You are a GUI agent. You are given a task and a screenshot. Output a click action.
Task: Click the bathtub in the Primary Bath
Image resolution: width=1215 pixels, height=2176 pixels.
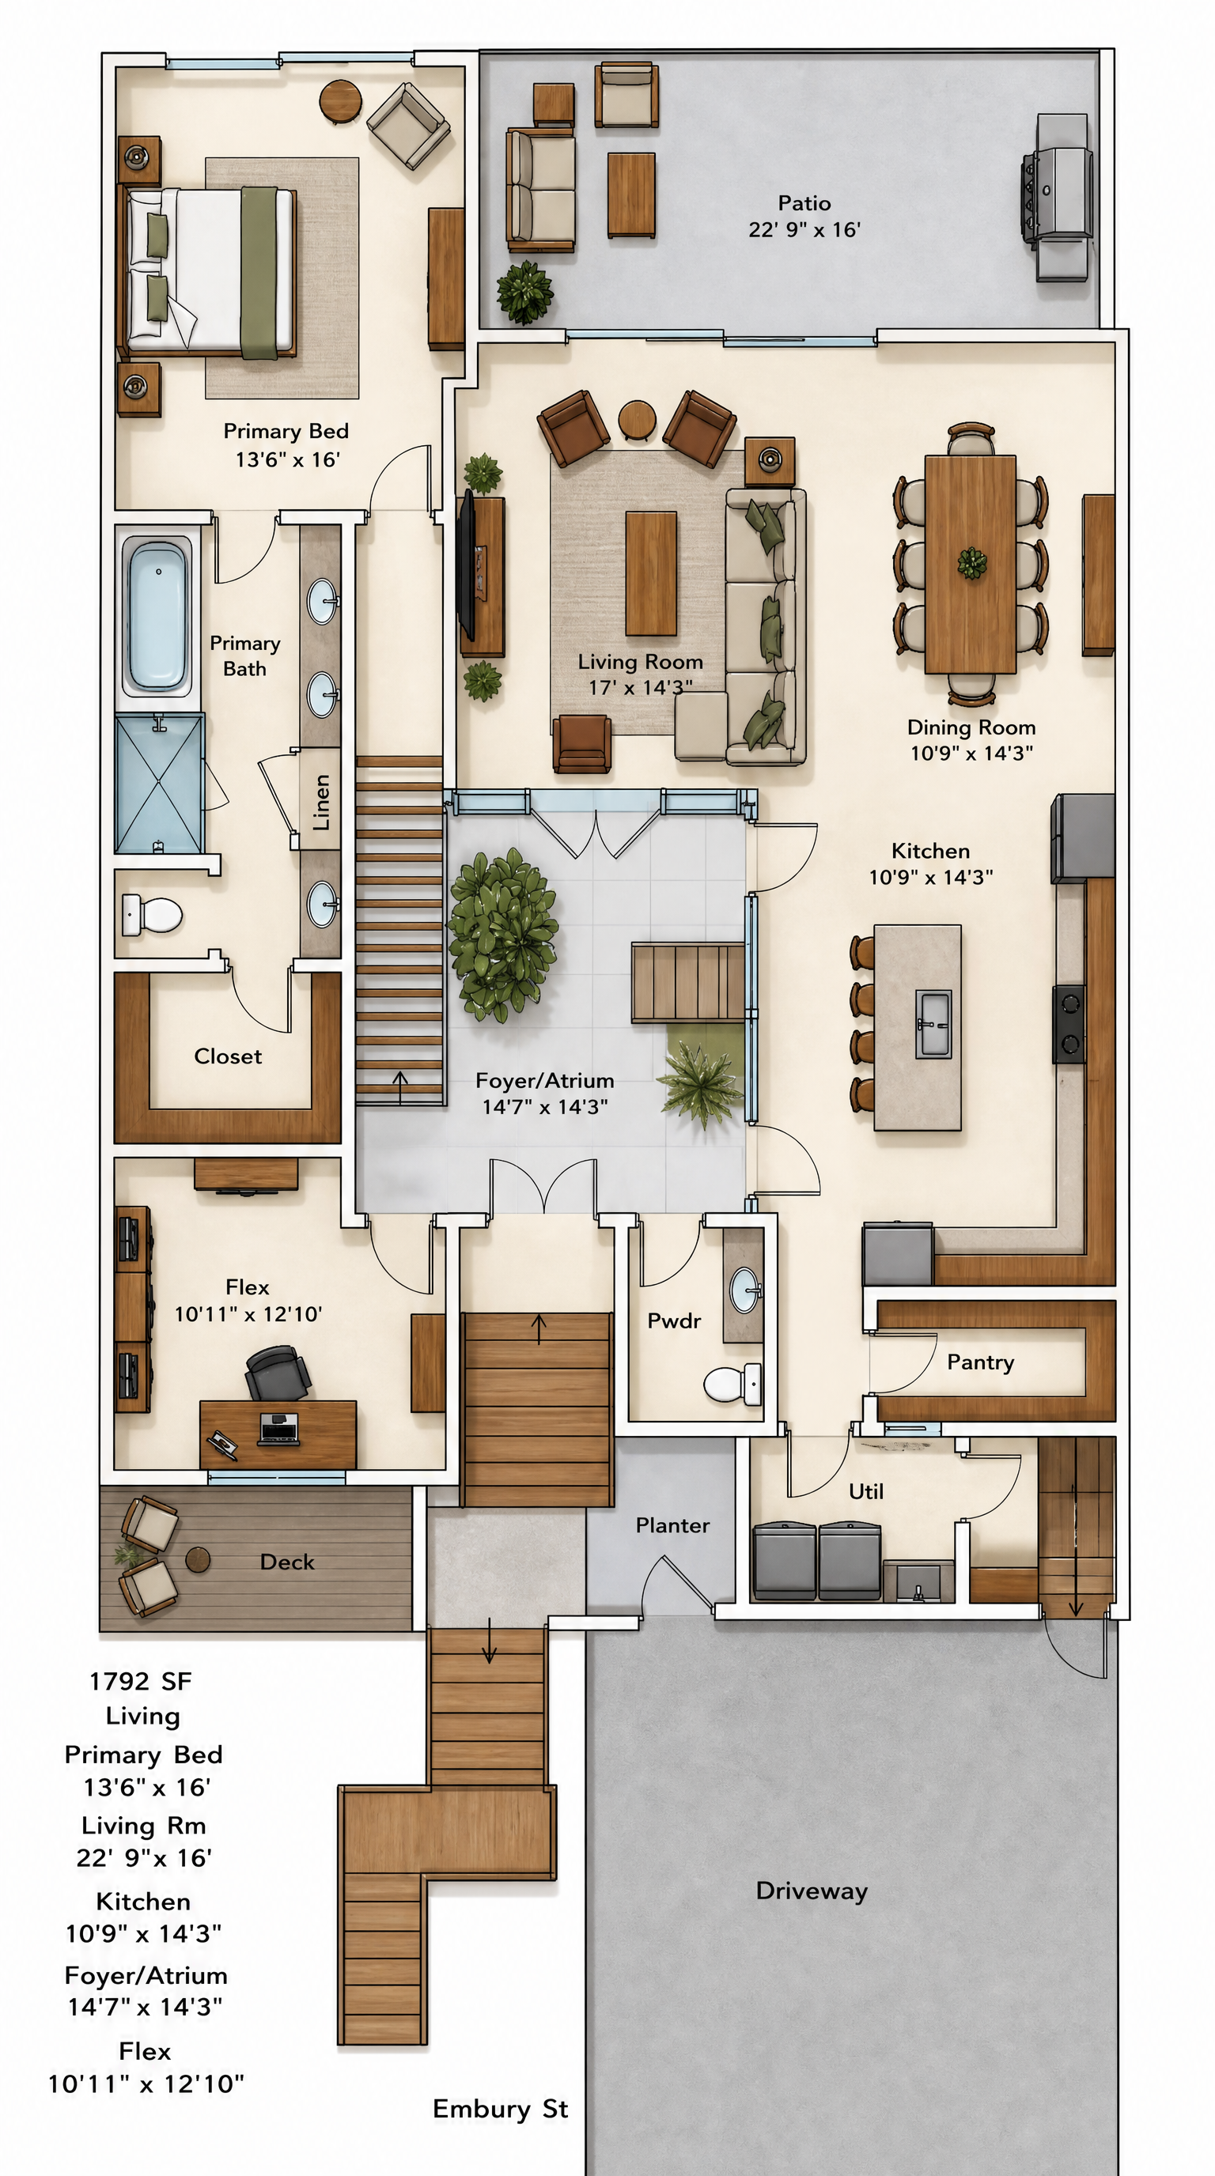(x=157, y=614)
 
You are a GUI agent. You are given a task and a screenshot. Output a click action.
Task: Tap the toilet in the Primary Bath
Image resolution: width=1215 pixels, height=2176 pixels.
(x=153, y=914)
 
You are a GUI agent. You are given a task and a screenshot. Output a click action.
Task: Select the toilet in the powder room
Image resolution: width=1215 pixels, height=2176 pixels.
(x=732, y=1383)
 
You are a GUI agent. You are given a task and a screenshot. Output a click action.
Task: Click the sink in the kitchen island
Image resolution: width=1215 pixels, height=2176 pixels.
(x=933, y=1024)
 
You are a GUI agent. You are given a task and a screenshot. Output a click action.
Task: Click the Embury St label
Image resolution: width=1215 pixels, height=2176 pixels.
(x=500, y=2109)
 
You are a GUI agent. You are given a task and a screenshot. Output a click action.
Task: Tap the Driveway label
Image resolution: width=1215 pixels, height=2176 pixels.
(x=812, y=1891)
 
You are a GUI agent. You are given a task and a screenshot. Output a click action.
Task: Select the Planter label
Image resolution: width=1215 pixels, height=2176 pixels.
(x=672, y=1524)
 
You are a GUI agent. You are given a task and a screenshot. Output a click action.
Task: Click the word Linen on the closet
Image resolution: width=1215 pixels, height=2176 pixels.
(x=321, y=802)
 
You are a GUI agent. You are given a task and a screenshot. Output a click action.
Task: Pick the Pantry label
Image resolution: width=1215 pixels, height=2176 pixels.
(x=980, y=1362)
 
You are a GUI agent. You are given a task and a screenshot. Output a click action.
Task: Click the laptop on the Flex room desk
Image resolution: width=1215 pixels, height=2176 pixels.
(x=278, y=1427)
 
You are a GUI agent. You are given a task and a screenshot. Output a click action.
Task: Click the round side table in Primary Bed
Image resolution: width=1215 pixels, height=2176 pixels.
(x=340, y=101)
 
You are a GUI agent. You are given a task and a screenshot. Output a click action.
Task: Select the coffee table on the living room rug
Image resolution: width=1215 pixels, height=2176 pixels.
(x=650, y=573)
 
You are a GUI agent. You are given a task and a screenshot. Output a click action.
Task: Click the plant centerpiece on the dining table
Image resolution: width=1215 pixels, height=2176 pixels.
(x=971, y=563)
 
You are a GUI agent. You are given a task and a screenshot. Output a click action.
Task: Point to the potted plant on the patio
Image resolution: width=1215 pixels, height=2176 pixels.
(x=524, y=293)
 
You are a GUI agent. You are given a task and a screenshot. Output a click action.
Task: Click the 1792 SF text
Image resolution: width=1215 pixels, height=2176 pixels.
(x=141, y=1681)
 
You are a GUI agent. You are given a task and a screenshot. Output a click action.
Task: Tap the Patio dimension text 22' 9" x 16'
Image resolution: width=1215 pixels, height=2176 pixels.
(x=804, y=229)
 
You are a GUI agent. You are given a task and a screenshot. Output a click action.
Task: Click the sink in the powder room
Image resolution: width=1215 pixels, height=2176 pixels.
(x=744, y=1290)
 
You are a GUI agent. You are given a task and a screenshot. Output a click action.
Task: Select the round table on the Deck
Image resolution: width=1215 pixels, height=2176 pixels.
(x=198, y=1559)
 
